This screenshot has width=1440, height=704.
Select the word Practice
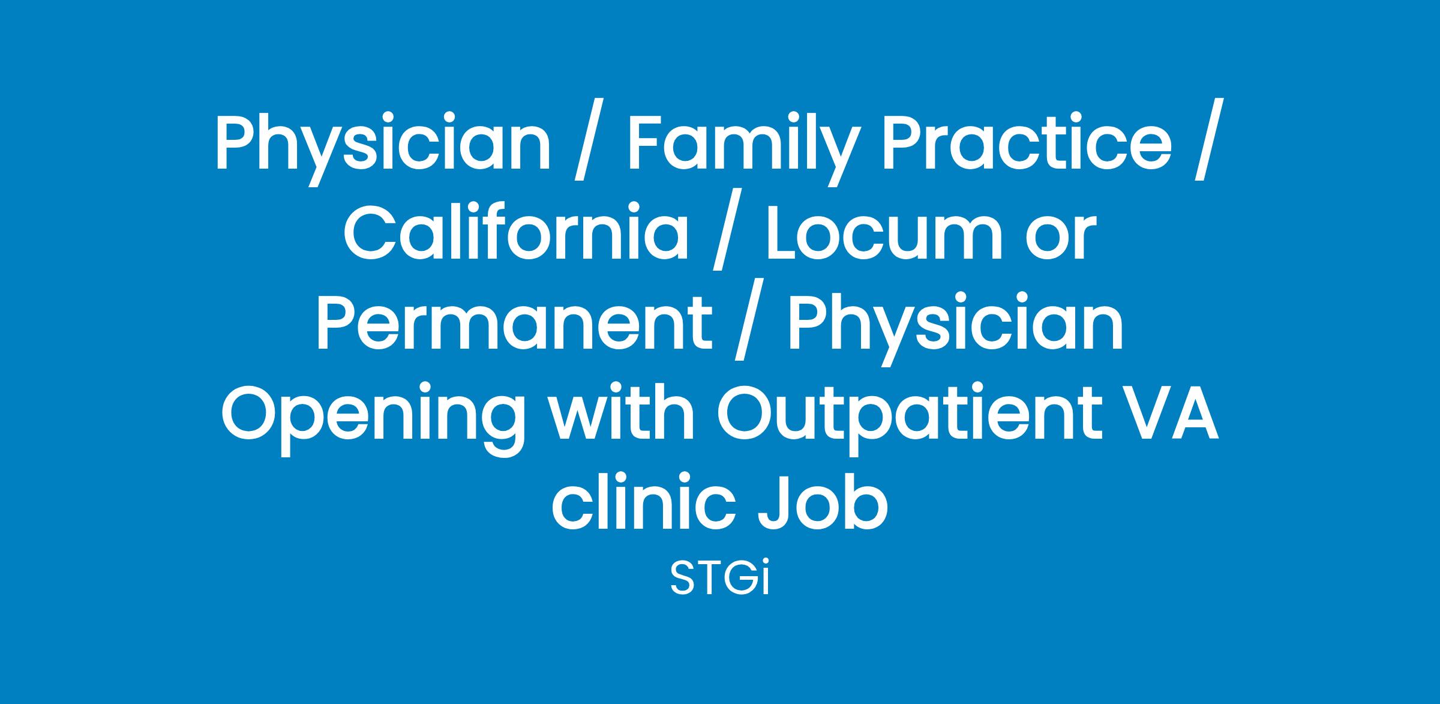click(x=1024, y=143)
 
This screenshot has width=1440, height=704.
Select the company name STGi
click(x=719, y=579)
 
